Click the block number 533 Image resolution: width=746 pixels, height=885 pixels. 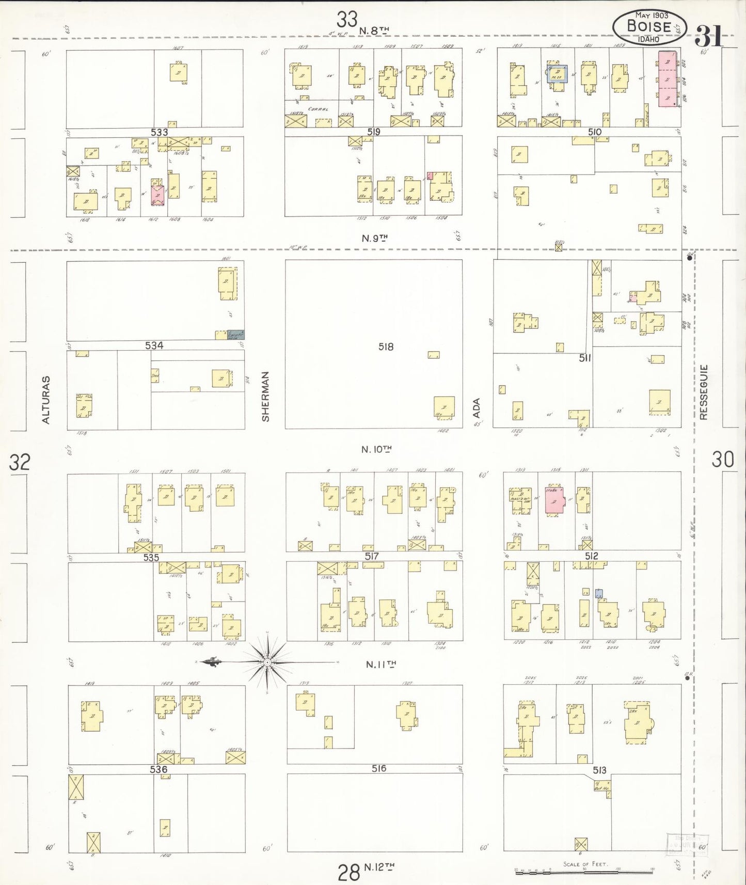[x=160, y=132]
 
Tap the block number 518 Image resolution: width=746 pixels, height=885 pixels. [x=386, y=347]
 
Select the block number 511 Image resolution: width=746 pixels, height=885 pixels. [x=584, y=358]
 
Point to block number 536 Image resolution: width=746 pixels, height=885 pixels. [x=158, y=769]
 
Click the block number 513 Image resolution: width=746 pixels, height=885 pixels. [x=599, y=770]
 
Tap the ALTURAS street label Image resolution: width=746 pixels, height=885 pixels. [x=46, y=400]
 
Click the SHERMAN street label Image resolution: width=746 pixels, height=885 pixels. [x=266, y=397]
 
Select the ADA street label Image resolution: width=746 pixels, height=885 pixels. [x=477, y=408]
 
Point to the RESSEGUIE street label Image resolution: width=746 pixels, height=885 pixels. [x=704, y=392]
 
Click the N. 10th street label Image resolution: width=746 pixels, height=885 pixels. [x=376, y=449]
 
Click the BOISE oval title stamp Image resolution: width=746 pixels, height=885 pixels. [x=649, y=27]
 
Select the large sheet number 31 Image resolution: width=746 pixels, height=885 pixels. [x=708, y=36]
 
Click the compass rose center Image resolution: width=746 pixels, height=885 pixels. [x=267, y=662]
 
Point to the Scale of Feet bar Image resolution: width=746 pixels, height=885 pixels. [x=584, y=871]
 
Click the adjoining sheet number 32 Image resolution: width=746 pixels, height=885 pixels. [x=20, y=462]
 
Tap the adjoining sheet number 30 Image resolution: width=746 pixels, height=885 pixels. [x=723, y=459]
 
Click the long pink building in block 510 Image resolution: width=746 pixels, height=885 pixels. [x=666, y=78]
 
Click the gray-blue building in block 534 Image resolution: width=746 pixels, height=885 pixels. [x=236, y=335]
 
